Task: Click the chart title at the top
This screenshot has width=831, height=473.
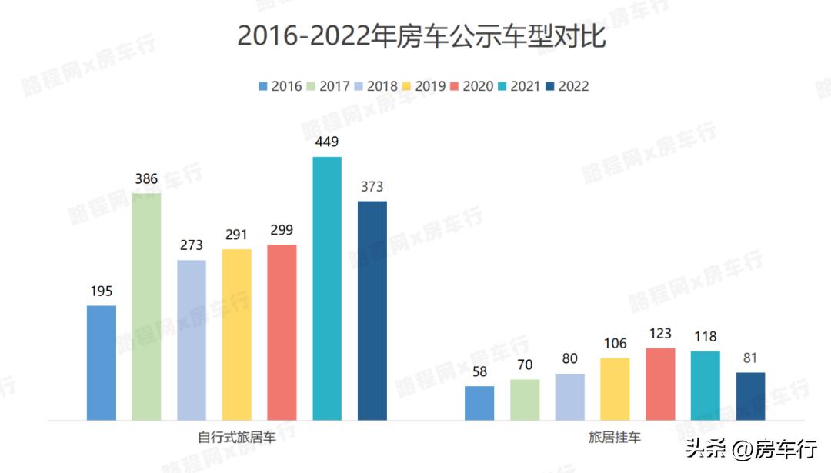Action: (422, 36)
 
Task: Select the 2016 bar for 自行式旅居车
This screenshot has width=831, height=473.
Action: (102, 362)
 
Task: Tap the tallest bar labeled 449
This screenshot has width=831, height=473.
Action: (327, 288)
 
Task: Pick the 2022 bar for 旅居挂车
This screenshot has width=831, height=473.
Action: (751, 396)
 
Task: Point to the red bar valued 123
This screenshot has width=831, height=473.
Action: (660, 384)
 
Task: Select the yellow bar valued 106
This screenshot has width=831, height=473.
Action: (615, 388)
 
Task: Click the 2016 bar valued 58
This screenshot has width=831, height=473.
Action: (479, 403)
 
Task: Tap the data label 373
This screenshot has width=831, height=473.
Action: (372, 187)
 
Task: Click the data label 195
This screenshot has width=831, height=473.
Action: (102, 291)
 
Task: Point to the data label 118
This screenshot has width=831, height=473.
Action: (705, 337)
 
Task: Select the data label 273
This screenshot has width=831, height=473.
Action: (192, 245)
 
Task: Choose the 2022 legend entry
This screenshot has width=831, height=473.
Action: (566, 86)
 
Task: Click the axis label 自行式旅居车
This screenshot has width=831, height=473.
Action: (236, 438)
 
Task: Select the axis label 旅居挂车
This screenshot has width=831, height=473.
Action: (615, 438)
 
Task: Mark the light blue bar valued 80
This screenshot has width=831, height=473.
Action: (570, 397)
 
